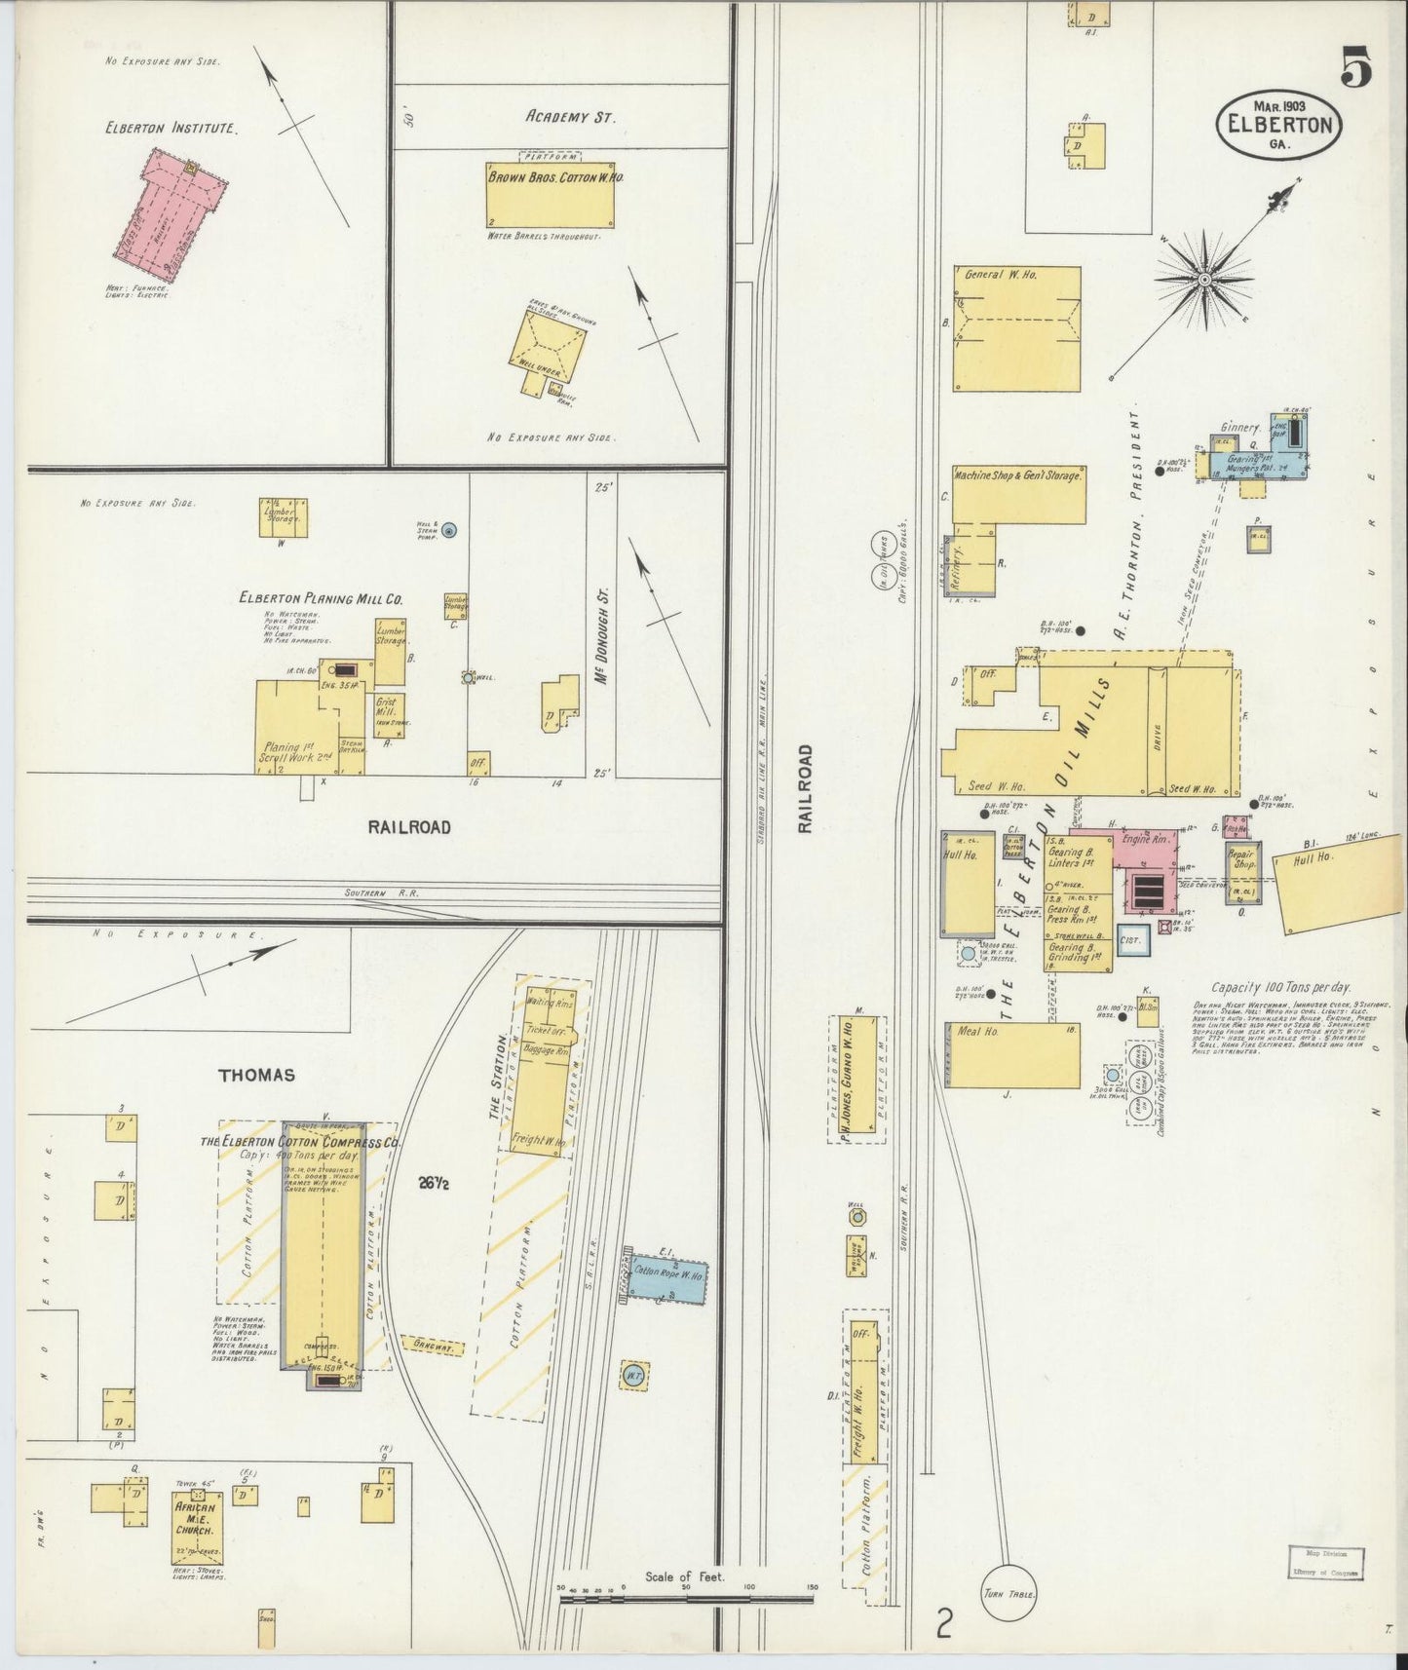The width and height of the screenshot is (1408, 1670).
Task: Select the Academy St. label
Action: point(570,117)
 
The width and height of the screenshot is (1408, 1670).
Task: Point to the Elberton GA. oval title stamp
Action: point(1277,125)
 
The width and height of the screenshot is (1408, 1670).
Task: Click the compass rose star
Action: point(1204,280)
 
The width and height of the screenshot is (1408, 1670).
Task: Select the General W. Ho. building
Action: point(1016,328)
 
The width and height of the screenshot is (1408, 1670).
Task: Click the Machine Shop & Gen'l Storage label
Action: point(1017,475)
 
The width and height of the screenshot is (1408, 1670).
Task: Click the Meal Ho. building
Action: point(1011,1054)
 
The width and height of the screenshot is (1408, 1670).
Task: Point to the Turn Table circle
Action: point(1008,1595)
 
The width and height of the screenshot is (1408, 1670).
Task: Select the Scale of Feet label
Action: point(685,1576)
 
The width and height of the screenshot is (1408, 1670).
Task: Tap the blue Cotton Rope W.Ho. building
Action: point(666,1273)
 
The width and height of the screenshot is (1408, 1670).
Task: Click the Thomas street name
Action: point(256,1075)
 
